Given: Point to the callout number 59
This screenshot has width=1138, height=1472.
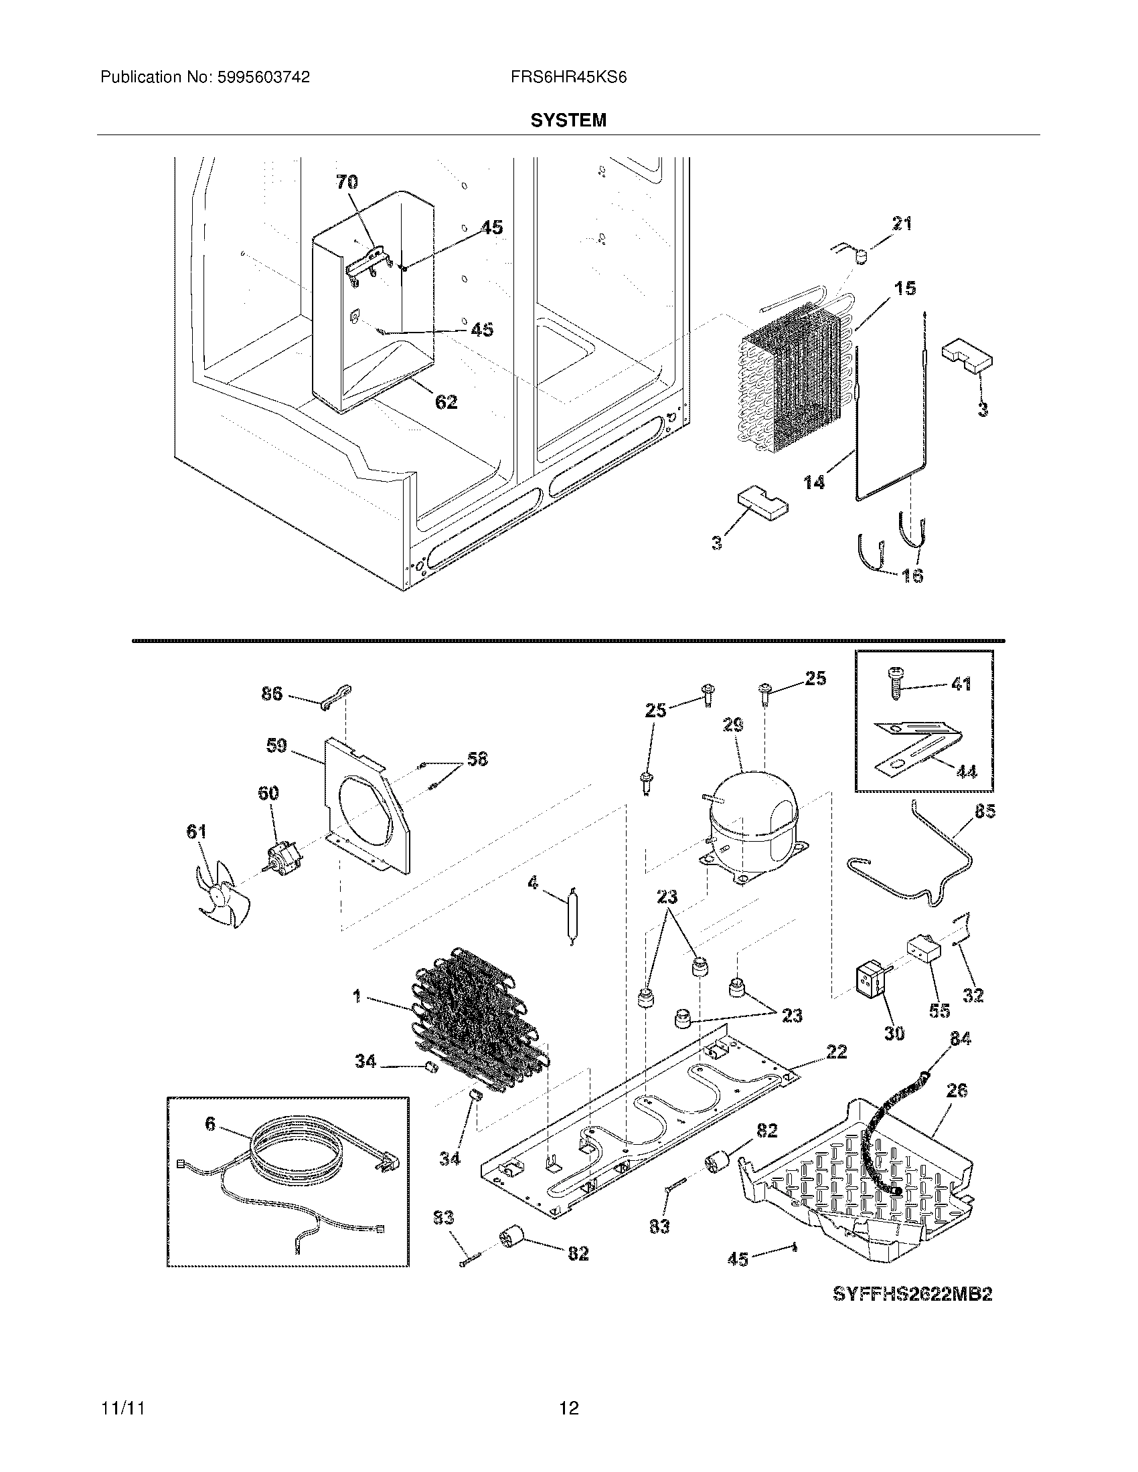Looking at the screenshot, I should [x=276, y=745].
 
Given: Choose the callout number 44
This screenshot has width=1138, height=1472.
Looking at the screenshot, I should [x=966, y=771].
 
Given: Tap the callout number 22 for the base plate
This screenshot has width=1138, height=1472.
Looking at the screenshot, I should [x=836, y=1051].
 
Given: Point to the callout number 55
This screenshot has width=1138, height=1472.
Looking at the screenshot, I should [x=939, y=1029].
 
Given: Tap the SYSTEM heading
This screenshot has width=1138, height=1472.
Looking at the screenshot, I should [x=568, y=120].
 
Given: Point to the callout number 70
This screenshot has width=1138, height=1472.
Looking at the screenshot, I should [x=347, y=182].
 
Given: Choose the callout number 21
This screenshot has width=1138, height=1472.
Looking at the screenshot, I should [x=902, y=223].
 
